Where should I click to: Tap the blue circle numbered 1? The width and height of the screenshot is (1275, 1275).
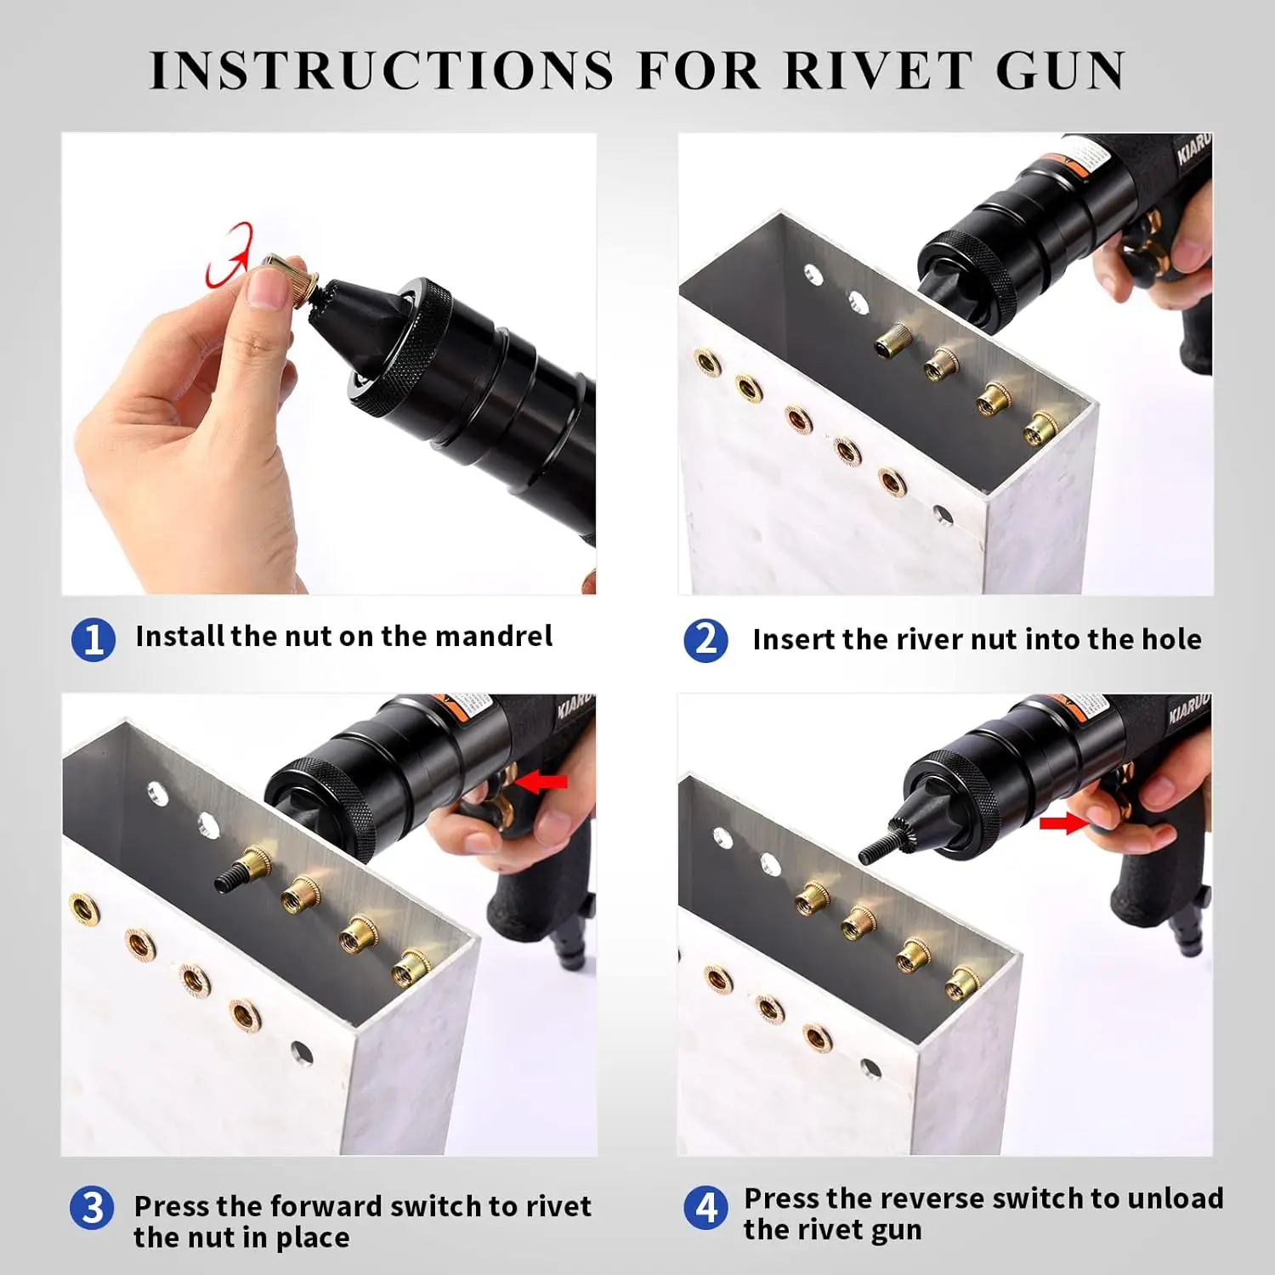pos(93,639)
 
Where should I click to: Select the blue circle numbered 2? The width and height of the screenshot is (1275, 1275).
pos(705,640)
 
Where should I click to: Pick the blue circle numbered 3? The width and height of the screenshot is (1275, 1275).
pos(92,1208)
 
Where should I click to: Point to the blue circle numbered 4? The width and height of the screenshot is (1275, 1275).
pos(705,1208)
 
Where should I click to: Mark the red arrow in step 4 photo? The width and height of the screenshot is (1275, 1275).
pos(1062,822)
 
